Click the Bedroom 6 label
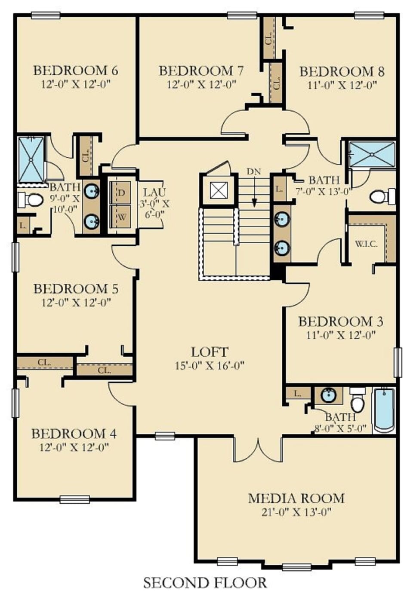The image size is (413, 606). click(x=76, y=70)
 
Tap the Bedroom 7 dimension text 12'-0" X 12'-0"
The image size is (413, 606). click(x=201, y=84)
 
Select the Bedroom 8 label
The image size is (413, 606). click(x=342, y=71)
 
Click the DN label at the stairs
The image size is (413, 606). click(x=254, y=171)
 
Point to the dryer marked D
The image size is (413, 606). click(x=121, y=193)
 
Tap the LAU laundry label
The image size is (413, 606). click(x=154, y=193)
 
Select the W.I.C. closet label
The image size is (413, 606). click(x=366, y=244)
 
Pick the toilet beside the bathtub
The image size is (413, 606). click(x=358, y=401)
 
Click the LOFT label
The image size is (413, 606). click(x=210, y=352)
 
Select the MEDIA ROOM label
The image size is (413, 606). click(x=296, y=498)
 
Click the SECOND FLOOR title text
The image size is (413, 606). click(x=205, y=583)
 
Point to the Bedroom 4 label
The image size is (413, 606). click(x=74, y=433)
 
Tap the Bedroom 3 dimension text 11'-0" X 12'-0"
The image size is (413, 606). click(x=341, y=335)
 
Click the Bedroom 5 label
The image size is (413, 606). click(x=76, y=288)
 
